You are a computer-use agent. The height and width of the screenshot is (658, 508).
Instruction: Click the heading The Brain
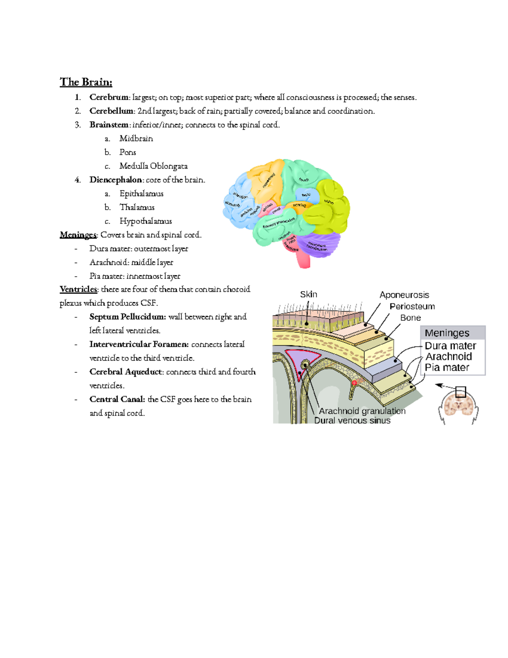tap(86, 82)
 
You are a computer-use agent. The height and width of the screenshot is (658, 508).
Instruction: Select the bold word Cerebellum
tap(111, 111)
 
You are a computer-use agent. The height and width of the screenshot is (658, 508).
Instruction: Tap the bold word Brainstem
tap(109, 125)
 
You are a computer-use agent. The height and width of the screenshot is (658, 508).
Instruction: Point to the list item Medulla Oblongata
tap(153, 166)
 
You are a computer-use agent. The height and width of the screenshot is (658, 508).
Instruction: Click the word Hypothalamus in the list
tap(146, 221)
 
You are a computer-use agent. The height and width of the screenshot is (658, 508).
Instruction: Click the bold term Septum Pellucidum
tap(127, 317)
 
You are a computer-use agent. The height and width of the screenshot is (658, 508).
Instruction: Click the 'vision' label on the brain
tap(329, 202)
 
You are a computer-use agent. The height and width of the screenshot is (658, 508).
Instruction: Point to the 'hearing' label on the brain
tap(299, 205)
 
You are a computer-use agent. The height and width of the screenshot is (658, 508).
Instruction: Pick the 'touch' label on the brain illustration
tap(304, 180)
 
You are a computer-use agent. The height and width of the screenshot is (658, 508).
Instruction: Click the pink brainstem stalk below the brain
tap(304, 260)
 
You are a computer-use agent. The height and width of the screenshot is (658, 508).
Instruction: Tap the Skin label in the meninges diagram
tap(309, 294)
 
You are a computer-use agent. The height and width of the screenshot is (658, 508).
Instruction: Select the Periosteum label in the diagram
tap(412, 306)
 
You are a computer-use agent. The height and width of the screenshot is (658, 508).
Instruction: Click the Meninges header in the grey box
tap(447, 333)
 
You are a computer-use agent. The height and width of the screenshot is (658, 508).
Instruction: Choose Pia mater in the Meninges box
tap(447, 368)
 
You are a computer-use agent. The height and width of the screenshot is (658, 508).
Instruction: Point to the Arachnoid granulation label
tap(362, 411)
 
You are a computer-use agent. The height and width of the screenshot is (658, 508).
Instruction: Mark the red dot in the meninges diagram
tap(355, 383)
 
